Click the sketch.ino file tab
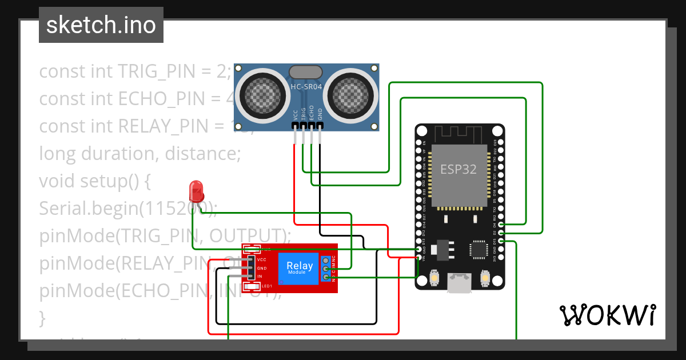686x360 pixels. [101, 25]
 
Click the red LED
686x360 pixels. [196, 190]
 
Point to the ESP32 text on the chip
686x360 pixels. [458, 169]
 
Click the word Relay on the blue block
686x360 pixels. [300, 266]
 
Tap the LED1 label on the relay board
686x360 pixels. [267, 286]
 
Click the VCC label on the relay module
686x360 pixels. [262, 259]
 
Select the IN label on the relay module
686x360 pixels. [260, 276]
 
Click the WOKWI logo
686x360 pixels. [607, 315]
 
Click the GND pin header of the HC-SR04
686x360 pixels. [320, 125]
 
